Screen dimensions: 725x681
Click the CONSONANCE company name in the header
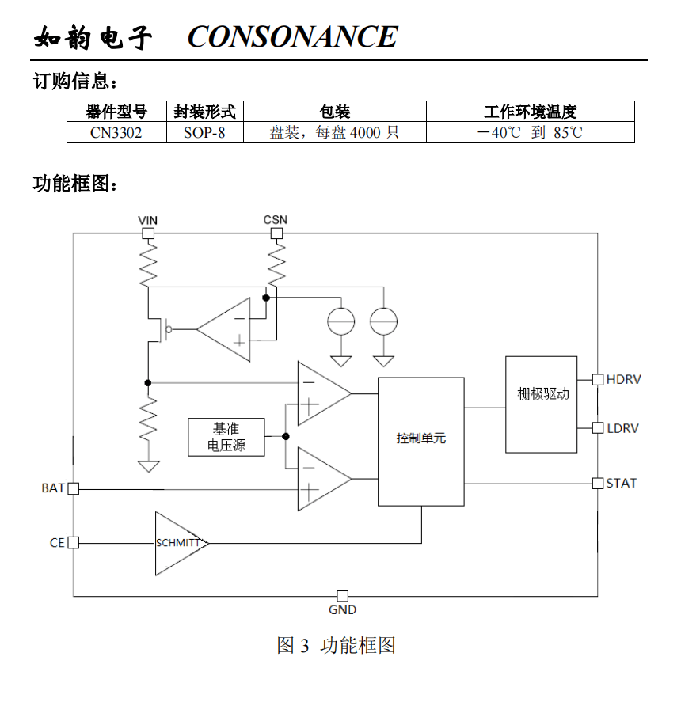pos(292,36)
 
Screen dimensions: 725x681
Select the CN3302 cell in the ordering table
pos(116,132)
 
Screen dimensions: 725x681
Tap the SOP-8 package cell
pos(204,132)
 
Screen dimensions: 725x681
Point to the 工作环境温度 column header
pos(530,112)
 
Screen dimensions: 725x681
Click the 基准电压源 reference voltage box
pos(226,437)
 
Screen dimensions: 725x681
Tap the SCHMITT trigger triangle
pos(178,543)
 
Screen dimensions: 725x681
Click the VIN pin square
pos(147,233)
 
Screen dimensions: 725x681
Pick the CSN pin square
pos(276,233)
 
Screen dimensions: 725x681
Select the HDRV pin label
pos(623,380)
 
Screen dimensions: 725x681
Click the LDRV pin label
pos(622,428)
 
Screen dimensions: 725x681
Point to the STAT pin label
pos(621,483)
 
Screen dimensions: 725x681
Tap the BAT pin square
pos(74,489)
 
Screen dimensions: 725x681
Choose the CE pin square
pos(74,543)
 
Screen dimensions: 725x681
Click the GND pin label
pos(342,610)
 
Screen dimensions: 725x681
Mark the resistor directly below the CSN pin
pos(276,264)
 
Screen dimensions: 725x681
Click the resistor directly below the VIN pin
pos(147,264)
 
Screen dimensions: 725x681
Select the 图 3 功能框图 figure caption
pos(336,645)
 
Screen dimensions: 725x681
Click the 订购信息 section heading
pos(76,81)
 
